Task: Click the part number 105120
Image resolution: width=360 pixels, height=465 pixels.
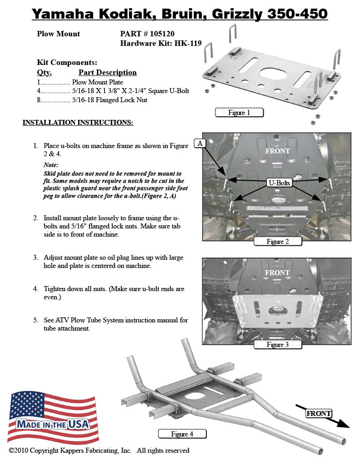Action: coord(160,34)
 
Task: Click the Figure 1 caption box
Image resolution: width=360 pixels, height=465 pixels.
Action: coord(239,112)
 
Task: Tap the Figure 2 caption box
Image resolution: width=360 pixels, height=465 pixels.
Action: coord(278,241)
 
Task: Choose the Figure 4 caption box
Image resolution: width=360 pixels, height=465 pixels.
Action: coord(182,434)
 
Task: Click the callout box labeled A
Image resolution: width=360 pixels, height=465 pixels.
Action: coord(200,143)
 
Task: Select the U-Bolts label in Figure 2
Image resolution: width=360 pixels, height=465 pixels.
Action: coord(279,183)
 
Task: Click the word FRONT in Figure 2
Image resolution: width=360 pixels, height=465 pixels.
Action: coord(277,151)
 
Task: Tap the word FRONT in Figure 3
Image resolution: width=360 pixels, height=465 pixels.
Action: coord(277,272)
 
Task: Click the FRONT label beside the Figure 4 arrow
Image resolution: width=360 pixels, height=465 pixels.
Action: coord(319,413)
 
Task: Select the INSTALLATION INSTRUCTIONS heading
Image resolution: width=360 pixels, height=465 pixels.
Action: coord(78,123)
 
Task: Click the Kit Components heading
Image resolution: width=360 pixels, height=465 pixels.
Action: coord(67,63)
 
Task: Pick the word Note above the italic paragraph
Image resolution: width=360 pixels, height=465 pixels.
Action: coord(51,165)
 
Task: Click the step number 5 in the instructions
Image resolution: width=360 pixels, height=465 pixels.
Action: coord(35,320)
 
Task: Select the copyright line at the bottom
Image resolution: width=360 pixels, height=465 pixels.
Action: coord(99,450)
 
